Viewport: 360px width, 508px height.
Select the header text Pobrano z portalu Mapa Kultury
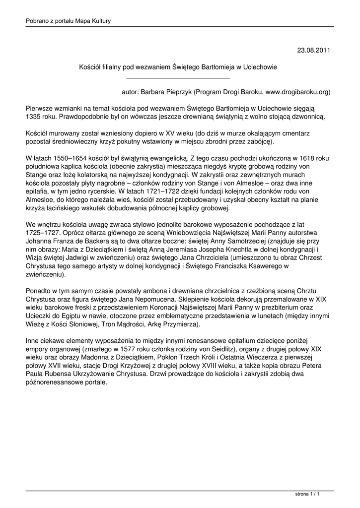point(68,21)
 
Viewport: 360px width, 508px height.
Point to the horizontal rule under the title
point(178,78)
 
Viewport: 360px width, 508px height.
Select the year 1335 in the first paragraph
point(34,116)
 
